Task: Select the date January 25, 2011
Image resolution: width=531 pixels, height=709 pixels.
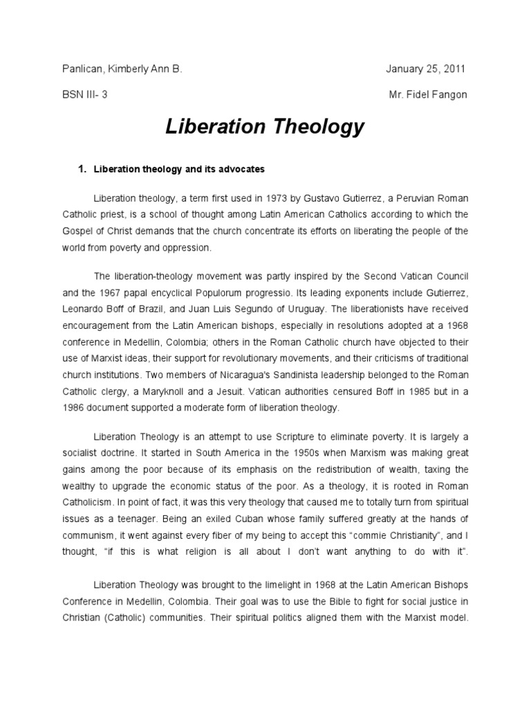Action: point(426,69)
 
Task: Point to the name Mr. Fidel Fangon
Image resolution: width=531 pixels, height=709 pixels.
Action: point(429,95)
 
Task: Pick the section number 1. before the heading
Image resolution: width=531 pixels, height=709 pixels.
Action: point(81,169)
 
